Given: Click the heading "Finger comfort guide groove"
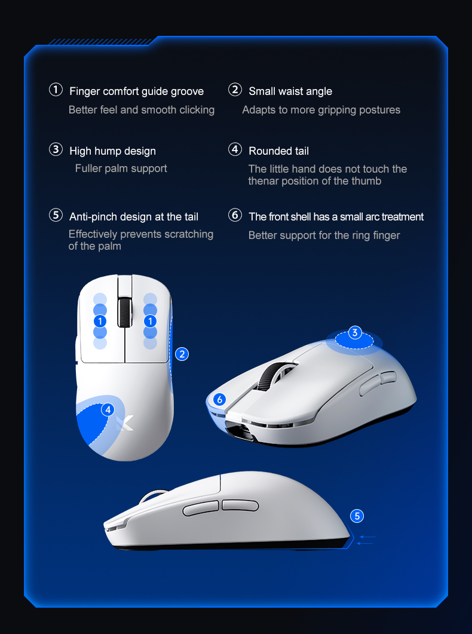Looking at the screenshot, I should [136, 91].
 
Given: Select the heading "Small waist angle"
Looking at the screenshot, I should [290, 91].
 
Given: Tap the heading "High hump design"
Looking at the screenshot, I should [112, 151].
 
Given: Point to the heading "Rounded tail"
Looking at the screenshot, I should [278, 151].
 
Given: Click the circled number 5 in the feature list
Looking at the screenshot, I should [56, 215].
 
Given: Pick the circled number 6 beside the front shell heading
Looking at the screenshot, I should [235, 215].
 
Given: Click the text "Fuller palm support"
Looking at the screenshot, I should [121, 169].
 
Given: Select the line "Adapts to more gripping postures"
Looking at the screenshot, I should [321, 110].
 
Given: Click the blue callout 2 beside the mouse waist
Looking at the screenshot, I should [182, 354].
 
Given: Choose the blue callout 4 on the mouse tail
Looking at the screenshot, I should [108, 409].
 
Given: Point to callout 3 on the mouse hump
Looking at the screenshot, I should [354, 333].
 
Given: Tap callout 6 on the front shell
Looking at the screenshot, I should [219, 399].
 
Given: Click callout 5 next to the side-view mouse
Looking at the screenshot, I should [357, 516].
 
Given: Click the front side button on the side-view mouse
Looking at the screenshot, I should [201, 509].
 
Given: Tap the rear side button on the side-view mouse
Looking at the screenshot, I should [238, 505].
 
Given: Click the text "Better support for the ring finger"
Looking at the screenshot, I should [324, 235].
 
